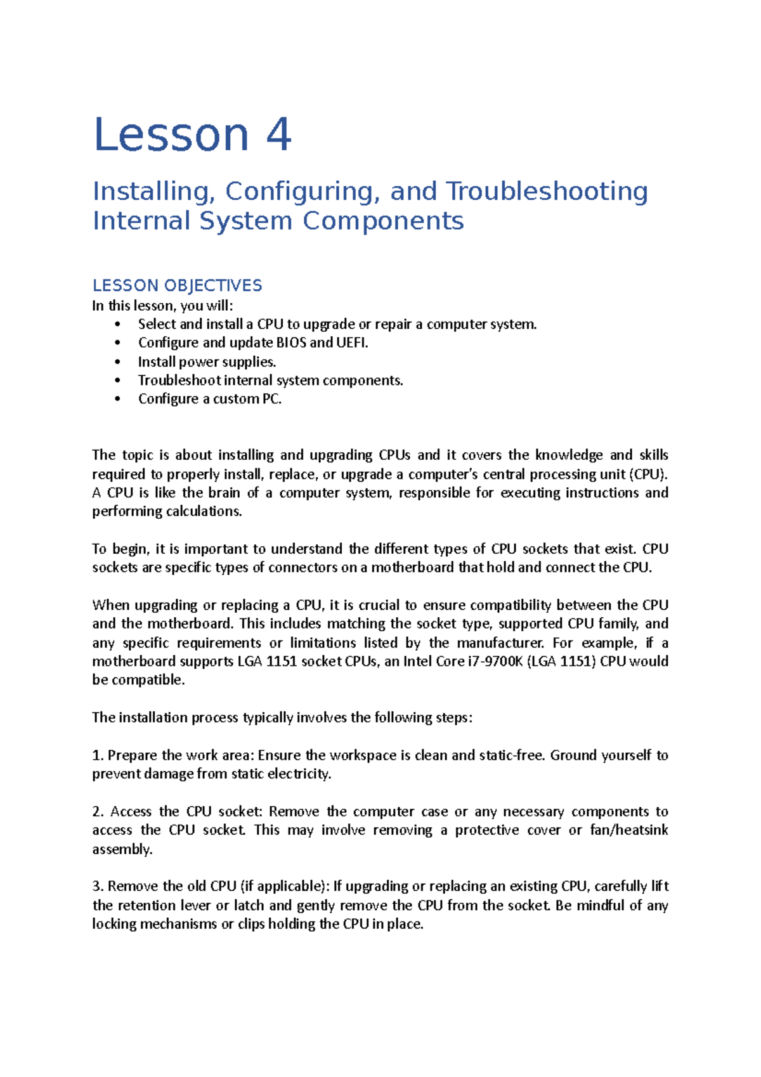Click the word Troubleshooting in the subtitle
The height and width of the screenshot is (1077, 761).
[x=547, y=192]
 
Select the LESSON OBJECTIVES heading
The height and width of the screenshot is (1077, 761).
[x=177, y=285]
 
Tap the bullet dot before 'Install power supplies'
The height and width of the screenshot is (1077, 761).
[x=117, y=362]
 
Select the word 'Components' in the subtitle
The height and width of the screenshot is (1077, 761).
[x=383, y=221]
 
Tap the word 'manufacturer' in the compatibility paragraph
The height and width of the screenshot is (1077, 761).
[x=500, y=643]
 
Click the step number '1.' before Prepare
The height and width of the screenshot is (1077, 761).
[x=98, y=755]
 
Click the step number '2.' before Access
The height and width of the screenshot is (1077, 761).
[x=98, y=812]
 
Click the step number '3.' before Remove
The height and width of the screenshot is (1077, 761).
[x=98, y=886]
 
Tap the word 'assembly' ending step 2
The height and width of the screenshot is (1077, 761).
[x=121, y=849]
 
